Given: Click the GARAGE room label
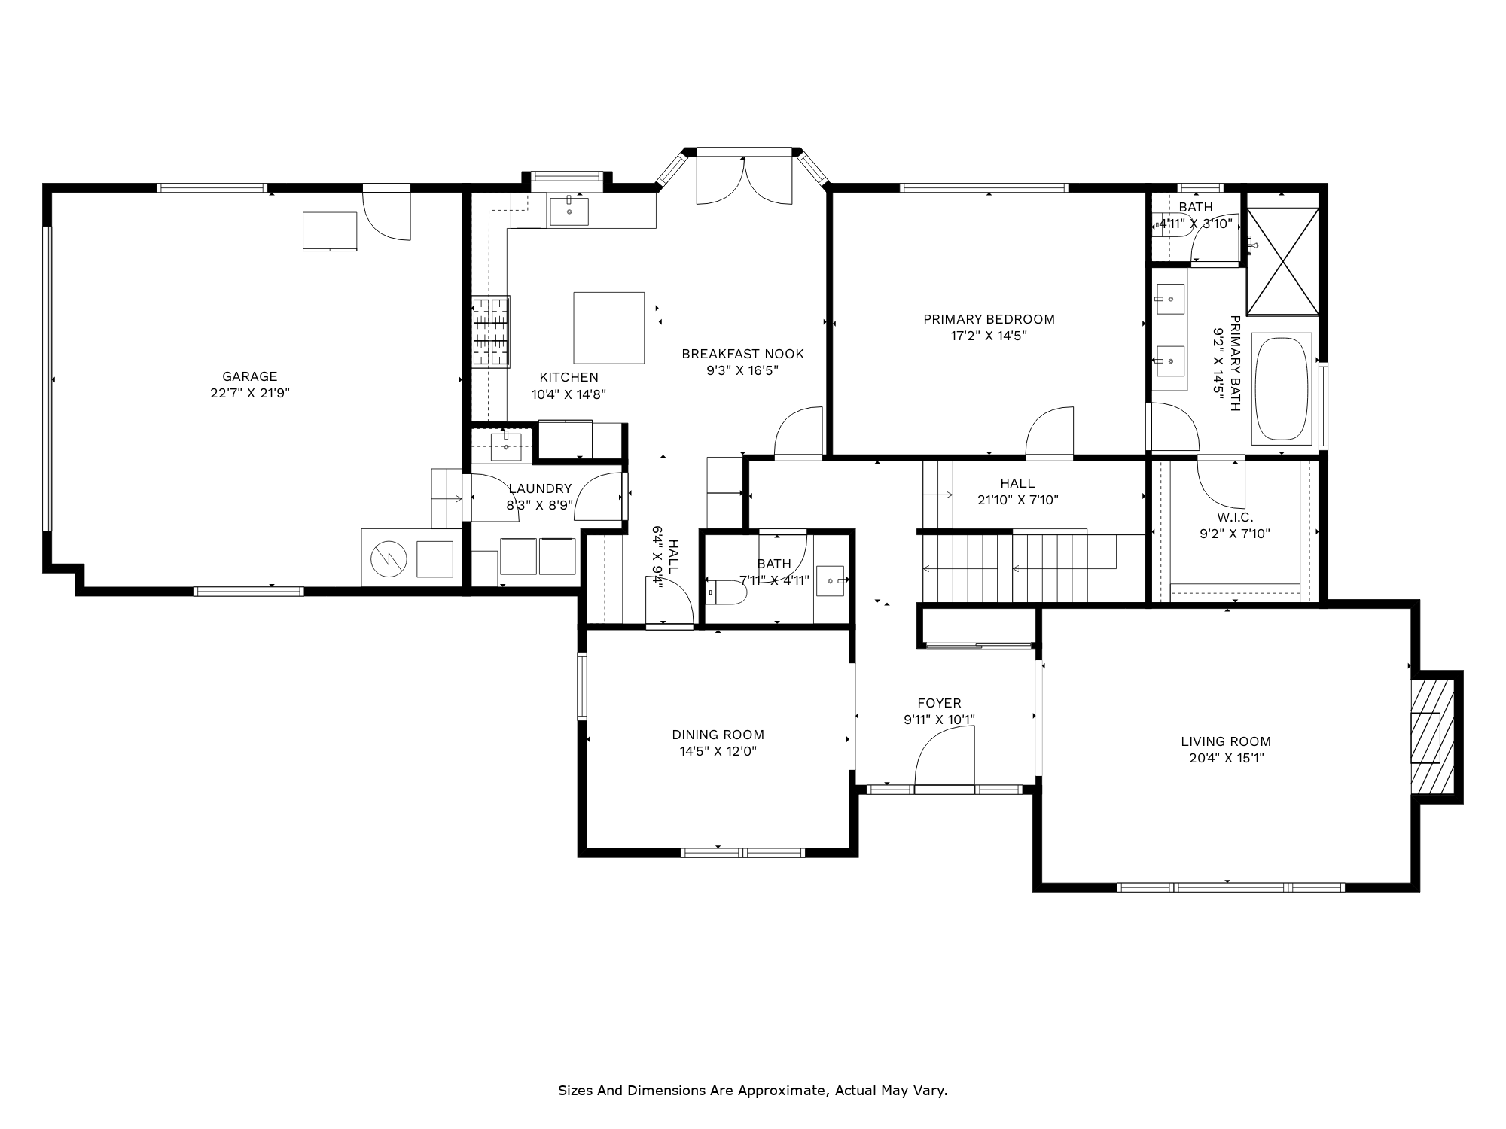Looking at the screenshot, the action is tap(249, 376).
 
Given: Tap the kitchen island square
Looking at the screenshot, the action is tap(609, 328).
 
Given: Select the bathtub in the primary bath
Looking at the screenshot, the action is tap(1282, 388).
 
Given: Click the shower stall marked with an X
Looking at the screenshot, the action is tap(1283, 260).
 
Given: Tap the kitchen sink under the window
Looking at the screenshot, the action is tap(569, 211).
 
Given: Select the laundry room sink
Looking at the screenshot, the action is tap(506, 446).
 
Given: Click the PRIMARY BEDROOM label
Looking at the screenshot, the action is tap(989, 319).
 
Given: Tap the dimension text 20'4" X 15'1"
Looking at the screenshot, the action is tap(1226, 758).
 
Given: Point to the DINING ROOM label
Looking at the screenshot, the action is tap(718, 735).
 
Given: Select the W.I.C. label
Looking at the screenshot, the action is tap(1235, 518).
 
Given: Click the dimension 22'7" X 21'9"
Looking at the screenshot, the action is tap(250, 393).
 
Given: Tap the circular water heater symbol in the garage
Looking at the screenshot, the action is tap(389, 558).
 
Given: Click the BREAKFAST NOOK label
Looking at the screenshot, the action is tap(742, 354).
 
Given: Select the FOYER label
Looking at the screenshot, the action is tap(939, 704).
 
